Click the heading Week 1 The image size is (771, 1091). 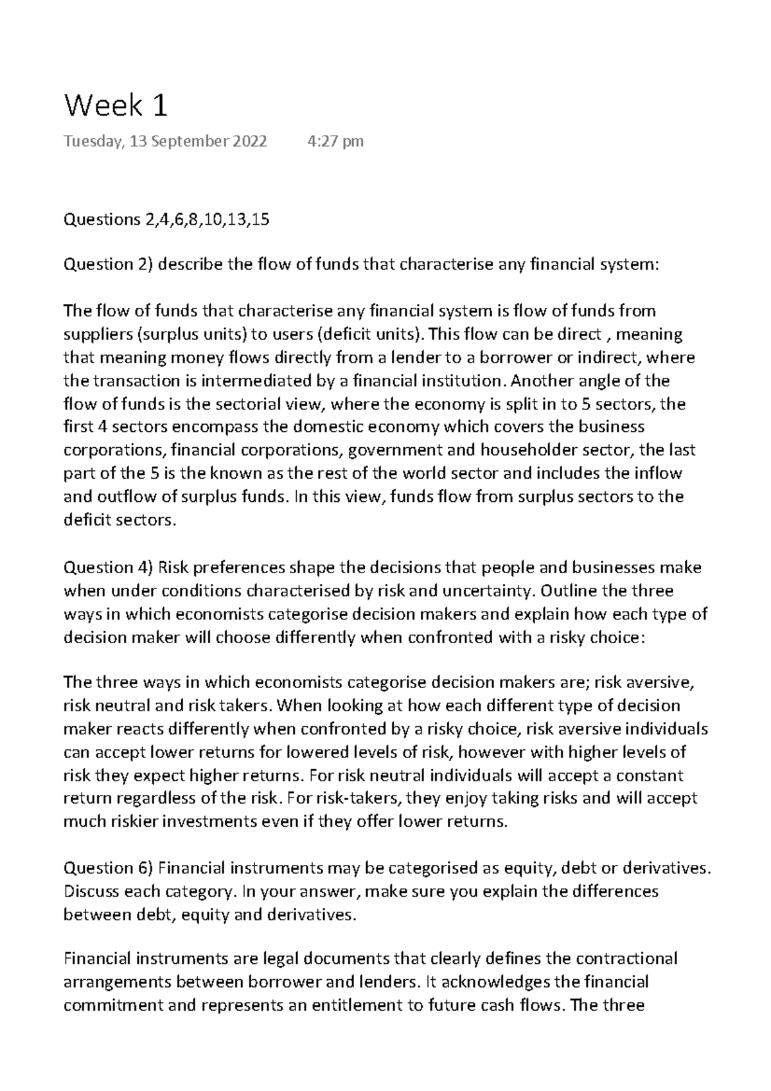pos(116,105)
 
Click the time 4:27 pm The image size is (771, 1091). pos(336,141)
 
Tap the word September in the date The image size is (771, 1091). pos(188,141)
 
